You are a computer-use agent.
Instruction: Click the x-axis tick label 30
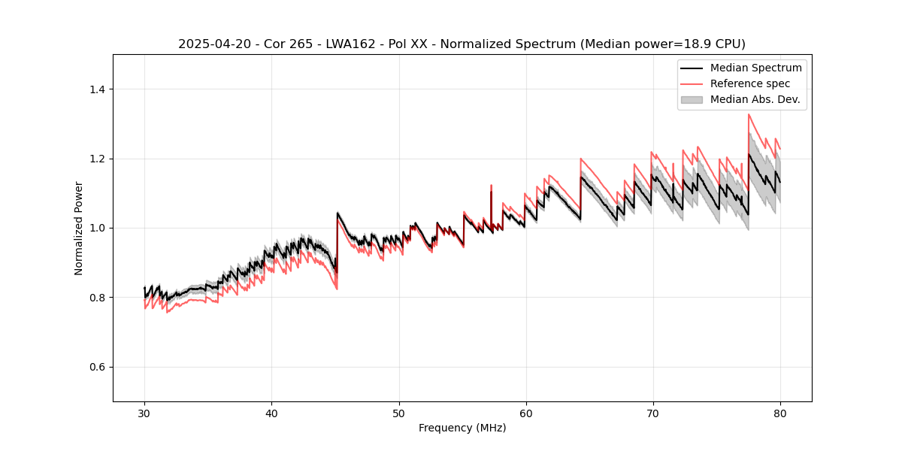[144, 413]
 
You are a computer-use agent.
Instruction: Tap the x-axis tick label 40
[271, 413]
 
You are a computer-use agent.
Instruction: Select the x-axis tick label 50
[398, 413]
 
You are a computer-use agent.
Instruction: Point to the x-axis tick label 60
[525, 413]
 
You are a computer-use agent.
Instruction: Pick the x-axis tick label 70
[652, 413]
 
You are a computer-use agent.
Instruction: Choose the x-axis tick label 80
[779, 413]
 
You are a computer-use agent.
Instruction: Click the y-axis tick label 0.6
[97, 367]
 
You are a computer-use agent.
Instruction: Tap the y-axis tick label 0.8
[97, 298]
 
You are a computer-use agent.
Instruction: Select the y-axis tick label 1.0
[97, 228]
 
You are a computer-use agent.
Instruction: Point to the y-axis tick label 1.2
[97, 159]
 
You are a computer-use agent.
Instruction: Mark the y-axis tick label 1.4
[97, 89]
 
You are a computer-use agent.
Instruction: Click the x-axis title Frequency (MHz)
[462, 428]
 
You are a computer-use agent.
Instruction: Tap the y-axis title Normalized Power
[79, 228]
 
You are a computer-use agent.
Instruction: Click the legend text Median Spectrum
[755, 68]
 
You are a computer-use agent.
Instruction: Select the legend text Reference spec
[750, 83]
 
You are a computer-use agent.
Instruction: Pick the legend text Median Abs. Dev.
[755, 99]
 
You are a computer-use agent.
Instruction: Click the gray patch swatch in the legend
[692, 99]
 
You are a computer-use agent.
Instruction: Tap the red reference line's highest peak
[749, 114]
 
